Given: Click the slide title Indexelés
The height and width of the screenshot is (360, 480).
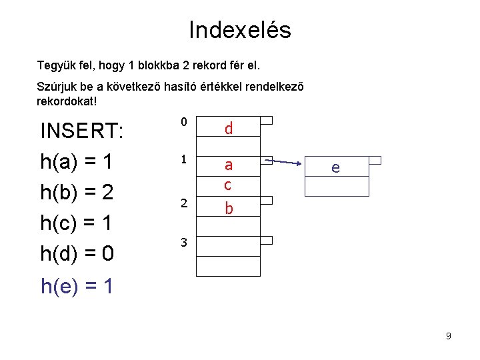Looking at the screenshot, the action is tap(240, 30).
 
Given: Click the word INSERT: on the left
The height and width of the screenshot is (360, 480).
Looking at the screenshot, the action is tap(82, 130).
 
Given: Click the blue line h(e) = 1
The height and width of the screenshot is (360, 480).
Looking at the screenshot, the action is tap(77, 287).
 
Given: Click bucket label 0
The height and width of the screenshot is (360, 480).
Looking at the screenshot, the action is tap(183, 122).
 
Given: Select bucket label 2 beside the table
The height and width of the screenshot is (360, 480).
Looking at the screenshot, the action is tap(183, 203).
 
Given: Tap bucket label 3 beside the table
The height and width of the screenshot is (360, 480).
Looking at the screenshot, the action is tap(183, 243).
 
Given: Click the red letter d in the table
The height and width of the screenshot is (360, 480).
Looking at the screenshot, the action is tap(229, 128).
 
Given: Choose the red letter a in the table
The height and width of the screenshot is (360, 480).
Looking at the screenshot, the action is tap(228, 165).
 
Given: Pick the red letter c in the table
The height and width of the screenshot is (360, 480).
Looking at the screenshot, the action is tap(228, 185).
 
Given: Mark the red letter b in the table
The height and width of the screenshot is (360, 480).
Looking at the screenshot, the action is tap(229, 209).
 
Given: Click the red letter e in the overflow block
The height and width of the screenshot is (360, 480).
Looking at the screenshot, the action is tap(335, 168).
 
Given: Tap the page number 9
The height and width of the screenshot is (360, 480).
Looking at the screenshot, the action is tap(449, 336).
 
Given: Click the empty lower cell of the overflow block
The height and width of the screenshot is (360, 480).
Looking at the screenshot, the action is tap(337, 187).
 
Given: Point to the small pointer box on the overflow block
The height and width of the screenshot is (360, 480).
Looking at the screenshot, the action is tap(375, 160).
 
